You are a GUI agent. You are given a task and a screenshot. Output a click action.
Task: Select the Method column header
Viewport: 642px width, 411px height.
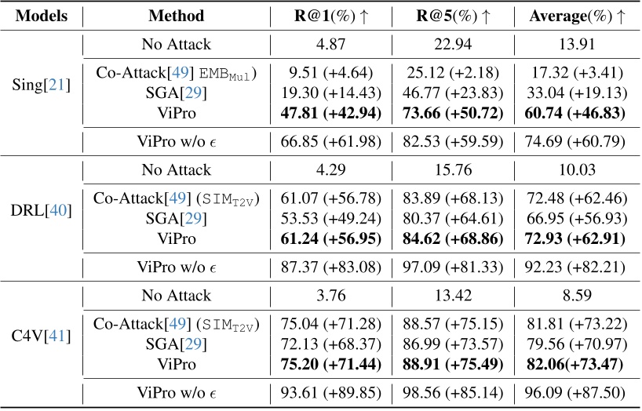point(180,15)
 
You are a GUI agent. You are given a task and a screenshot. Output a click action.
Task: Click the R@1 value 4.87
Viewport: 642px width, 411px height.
point(324,44)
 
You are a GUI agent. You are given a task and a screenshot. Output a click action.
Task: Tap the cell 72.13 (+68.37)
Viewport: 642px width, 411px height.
point(324,345)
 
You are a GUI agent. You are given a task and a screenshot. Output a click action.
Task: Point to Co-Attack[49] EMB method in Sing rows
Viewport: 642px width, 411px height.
point(180,73)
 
